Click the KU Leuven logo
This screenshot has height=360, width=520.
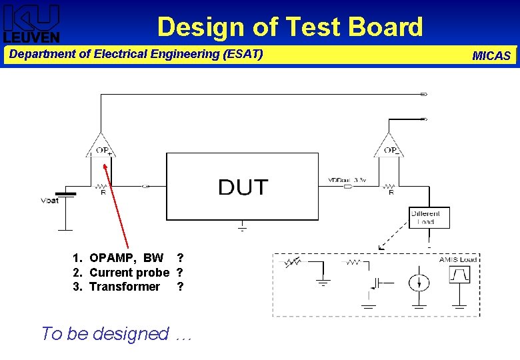point(32,23)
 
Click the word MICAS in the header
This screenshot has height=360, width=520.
point(491,56)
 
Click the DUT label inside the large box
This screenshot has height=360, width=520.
point(243,187)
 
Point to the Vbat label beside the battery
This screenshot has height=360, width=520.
point(50,200)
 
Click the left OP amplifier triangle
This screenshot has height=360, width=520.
point(101,145)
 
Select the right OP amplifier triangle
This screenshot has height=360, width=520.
point(389,145)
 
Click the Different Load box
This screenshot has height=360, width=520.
point(425,217)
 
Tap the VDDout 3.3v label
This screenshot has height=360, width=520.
point(347,180)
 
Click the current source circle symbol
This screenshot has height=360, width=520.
point(419,281)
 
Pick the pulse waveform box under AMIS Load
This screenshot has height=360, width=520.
point(460,274)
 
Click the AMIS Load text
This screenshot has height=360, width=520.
point(458,259)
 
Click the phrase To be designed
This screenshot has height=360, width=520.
point(105,333)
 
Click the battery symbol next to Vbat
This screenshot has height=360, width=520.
point(66,195)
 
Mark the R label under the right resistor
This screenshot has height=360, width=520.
point(391,193)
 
